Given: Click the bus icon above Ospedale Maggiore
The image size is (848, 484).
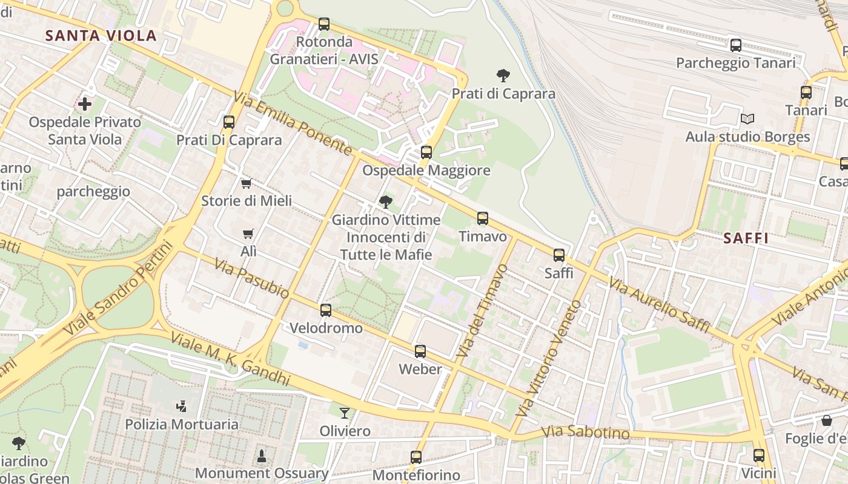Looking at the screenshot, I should [x=426, y=152].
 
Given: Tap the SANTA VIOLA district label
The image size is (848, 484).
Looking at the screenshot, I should [x=101, y=35].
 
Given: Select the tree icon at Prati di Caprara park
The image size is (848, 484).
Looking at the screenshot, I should [x=503, y=76].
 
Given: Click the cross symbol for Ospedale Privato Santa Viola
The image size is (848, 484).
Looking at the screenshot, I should [x=85, y=104].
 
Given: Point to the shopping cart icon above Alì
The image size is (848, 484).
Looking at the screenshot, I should [x=248, y=234].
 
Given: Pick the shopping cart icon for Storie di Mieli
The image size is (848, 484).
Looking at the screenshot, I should [x=246, y=183].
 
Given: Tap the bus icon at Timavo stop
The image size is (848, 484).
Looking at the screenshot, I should [x=483, y=218].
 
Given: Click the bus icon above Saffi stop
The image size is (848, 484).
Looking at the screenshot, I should [x=559, y=255].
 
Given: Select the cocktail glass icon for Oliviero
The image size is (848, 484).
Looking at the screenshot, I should [x=345, y=413].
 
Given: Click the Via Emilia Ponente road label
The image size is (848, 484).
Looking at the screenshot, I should [x=293, y=123].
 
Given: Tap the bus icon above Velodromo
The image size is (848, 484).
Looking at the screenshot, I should [x=326, y=310].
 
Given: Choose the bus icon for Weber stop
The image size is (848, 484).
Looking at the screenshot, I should [x=420, y=352].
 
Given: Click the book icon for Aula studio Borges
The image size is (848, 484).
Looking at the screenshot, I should [x=747, y=119].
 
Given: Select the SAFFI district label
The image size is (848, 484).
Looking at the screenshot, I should [x=746, y=238].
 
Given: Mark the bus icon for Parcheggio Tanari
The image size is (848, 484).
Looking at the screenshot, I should [x=736, y=45].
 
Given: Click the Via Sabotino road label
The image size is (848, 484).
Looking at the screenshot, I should [x=585, y=433].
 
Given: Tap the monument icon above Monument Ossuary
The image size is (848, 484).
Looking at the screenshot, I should [x=262, y=455].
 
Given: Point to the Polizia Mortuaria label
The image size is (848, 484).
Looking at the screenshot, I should [x=182, y=424].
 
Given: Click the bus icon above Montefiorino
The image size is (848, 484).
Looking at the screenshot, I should [x=416, y=457].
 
